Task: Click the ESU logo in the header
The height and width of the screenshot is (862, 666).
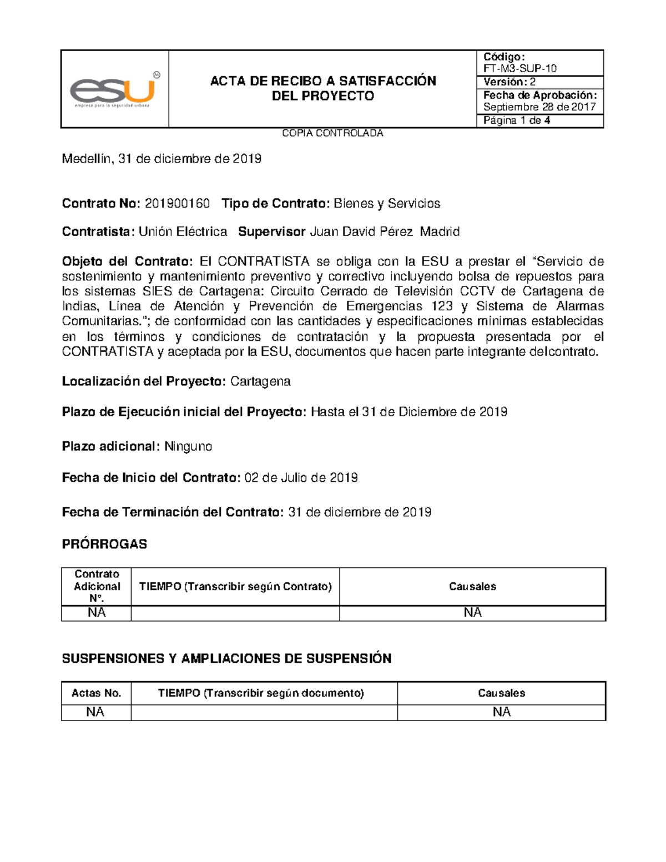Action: pos(114,89)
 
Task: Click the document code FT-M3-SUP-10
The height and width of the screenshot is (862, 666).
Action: pos(519,69)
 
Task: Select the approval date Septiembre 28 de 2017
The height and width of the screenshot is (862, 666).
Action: pos(539,107)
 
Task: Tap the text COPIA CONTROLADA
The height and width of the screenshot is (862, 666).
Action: pos(332,133)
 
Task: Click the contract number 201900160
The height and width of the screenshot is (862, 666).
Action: pos(177,204)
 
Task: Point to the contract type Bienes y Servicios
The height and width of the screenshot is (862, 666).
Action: pos(386,204)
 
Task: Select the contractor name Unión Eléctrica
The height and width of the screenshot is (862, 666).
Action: pos(183,232)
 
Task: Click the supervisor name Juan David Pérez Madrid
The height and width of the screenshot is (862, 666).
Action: pos(384,232)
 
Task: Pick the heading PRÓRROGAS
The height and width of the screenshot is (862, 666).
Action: pos(104,545)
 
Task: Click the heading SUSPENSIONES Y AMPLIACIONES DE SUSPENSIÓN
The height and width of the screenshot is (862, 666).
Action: pos(226,659)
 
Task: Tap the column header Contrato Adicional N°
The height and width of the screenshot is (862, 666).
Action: pos(97,586)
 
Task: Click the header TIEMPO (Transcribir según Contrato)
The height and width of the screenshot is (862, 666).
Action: pos(235,587)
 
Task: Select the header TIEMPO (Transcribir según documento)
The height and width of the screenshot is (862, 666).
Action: pos(261,693)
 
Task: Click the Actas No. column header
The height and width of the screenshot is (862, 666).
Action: pos(96,693)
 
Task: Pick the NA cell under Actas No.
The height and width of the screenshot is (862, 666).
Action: pos(95,712)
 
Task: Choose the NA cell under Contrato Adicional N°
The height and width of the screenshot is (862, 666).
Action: pos(97,613)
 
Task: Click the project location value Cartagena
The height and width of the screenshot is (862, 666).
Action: pos(260,382)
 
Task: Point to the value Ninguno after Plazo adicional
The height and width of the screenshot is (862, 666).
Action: pos(188,447)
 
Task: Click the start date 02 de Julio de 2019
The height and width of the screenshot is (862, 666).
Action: pos(301,478)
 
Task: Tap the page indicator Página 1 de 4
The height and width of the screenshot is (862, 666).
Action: pos(516,121)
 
